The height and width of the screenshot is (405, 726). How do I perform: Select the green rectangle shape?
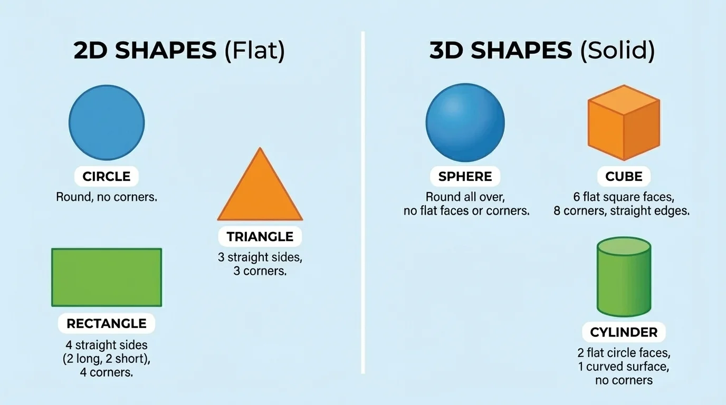[107, 277]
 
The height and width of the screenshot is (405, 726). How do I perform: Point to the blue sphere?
[465, 122]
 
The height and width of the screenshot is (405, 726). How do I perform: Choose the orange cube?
[624, 122]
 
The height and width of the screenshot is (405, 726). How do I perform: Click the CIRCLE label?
[107, 177]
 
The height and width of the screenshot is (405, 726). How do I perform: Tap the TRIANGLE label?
[260, 237]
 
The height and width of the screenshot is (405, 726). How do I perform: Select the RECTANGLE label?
[107, 323]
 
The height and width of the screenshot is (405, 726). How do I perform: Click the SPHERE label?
[465, 176]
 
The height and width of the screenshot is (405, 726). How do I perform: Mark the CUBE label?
[624, 176]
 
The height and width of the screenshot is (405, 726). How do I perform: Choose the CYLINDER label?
[624, 333]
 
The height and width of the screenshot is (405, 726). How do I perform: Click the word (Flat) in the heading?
[254, 51]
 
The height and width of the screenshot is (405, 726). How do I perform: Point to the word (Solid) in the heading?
[617, 51]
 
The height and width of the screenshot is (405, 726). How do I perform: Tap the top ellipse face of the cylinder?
[624, 246]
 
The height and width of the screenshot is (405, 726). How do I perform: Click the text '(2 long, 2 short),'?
[107, 359]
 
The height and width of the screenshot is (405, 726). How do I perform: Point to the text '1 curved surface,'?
[624, 367]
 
